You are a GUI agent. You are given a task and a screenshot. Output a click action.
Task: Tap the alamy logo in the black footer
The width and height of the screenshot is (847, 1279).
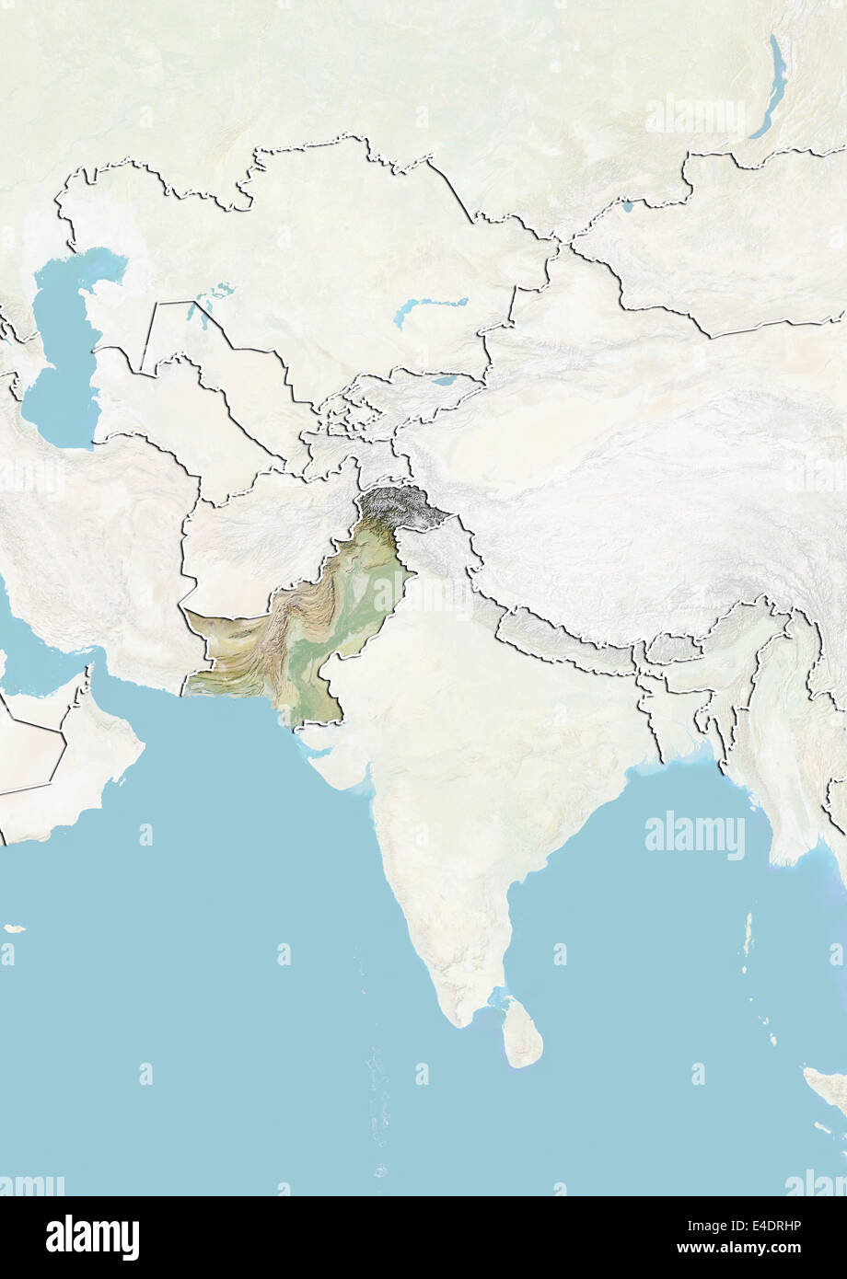pyautogui.click(x=92, y=1238)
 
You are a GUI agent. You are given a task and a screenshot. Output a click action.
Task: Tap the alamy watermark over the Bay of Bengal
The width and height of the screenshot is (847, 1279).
pyautogui.click(x=695, y=835)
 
